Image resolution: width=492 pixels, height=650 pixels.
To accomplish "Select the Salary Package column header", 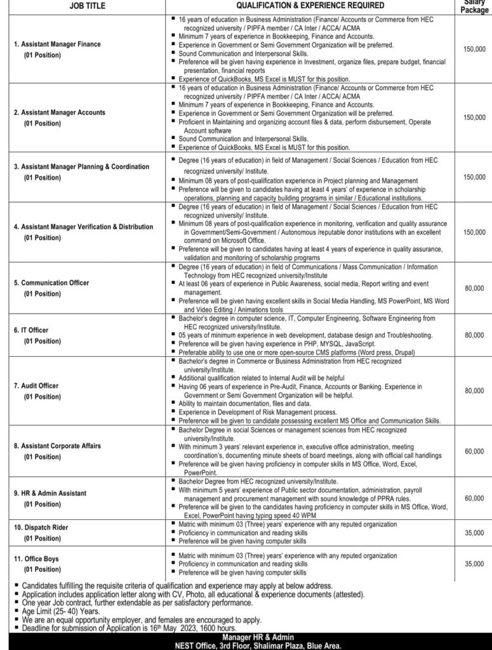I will (x=474, y=5).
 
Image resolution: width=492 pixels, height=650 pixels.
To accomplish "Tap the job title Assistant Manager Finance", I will (x=57, y=44).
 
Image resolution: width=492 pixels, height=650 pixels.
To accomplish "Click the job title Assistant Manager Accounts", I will (x=60, y=112).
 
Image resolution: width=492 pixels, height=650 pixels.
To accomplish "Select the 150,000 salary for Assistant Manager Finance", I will (x=474, y=48).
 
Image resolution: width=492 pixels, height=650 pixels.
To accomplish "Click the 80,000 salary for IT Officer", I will (x=474, y=335).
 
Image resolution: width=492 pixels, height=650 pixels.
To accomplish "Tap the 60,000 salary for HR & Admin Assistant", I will (x=474, y=498).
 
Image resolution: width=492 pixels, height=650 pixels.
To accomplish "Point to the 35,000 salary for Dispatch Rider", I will (x=474, y=533).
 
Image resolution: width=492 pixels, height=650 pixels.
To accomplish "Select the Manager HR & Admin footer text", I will (x=246, y=636).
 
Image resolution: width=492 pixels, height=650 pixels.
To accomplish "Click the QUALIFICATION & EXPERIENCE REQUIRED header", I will (x=310, y=5).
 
